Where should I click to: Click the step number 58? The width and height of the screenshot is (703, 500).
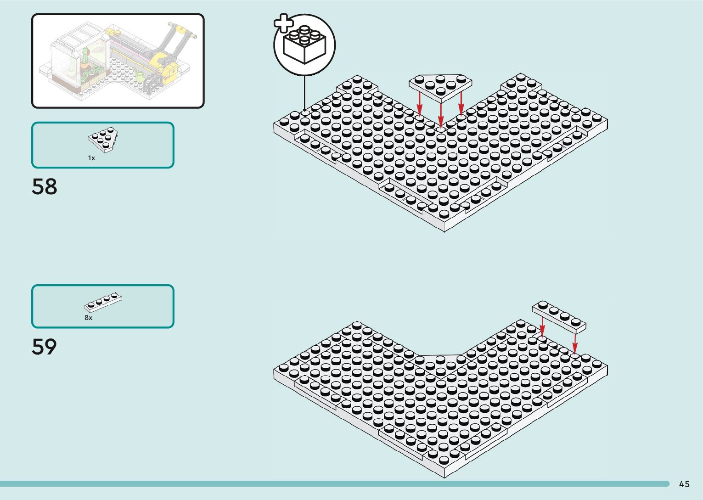point(45,186)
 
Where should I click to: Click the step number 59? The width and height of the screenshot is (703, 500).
point(45,347)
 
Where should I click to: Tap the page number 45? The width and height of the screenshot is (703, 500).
point(684,484)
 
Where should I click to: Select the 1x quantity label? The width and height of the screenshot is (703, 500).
point(91,158)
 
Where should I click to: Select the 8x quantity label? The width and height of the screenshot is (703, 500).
point(88,318)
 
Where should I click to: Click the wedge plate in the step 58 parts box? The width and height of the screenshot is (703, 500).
point(104,140)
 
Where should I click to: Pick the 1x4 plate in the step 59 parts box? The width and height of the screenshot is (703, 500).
point(103,302)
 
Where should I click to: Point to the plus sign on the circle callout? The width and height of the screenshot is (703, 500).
point(283,23)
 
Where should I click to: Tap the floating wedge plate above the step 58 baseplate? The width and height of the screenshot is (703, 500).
point(440,86)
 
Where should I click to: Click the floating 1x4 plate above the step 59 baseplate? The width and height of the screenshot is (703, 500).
point(559,316)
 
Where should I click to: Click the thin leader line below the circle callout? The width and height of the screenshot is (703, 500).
point(304,92)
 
